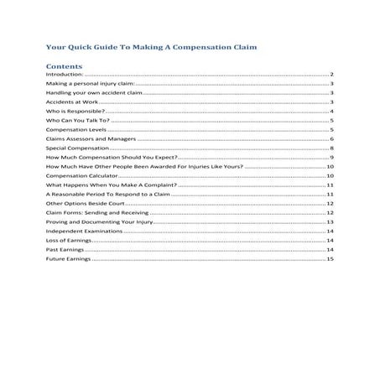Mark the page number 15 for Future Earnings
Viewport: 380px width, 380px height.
pos(331,259)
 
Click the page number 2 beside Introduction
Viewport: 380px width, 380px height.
pos(333,75)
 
